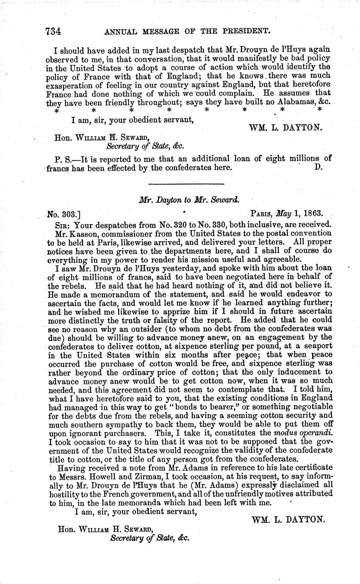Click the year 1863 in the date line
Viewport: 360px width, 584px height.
(310, 213)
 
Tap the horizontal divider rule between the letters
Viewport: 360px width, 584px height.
(186, 184)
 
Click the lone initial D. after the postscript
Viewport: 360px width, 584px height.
(319, 167)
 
